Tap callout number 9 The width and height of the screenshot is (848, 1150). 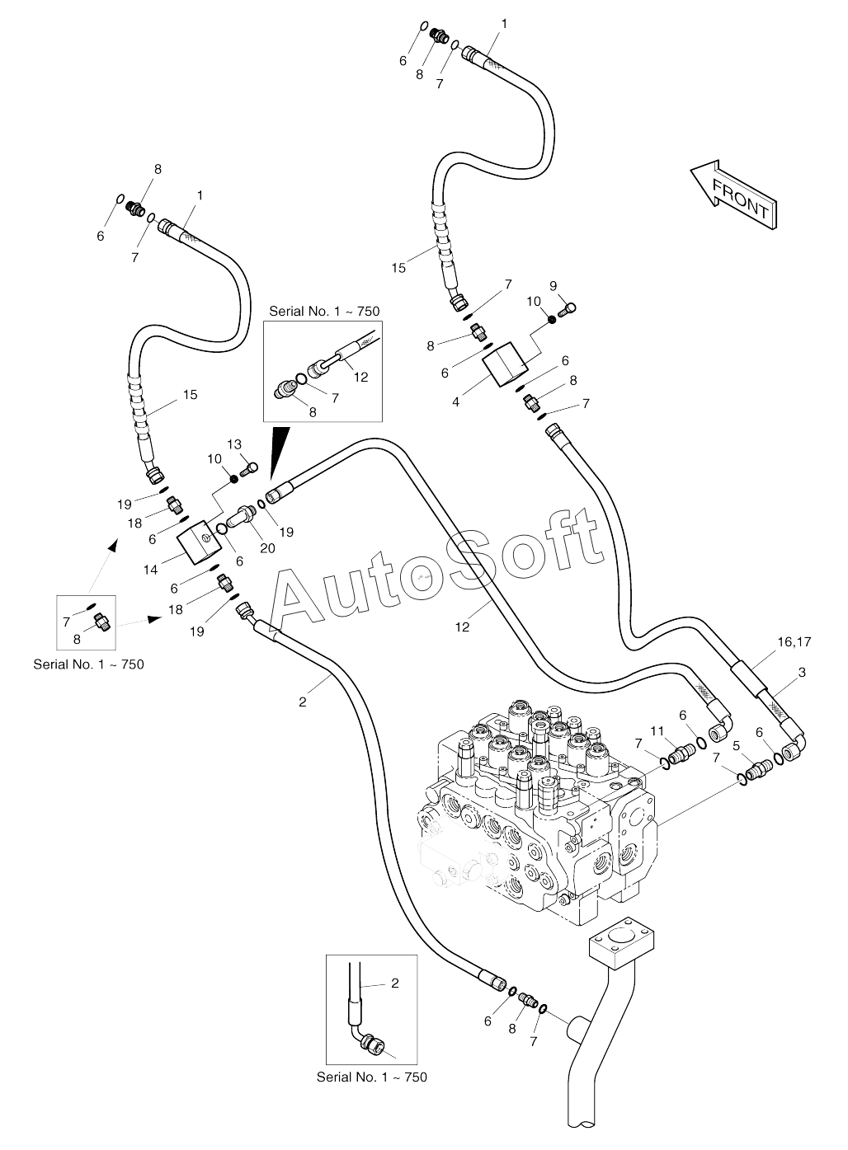[554, 286]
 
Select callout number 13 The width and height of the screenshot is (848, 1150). [234, 444]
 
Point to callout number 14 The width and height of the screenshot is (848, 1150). [150, 570]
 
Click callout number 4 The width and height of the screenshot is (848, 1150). [455, 402]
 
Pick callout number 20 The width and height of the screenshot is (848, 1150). [267, 548]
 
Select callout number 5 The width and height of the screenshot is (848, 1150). [736, 746]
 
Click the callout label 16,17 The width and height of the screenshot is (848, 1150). [794, 641]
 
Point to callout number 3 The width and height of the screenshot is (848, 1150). [803, 672]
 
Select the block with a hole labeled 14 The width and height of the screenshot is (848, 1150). [200, 542]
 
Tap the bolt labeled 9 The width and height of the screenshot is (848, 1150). [567, 310]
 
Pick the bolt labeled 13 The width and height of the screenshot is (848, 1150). [248, 468]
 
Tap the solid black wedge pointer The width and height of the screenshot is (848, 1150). [279, 456]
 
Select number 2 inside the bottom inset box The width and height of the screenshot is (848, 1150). [394, 983]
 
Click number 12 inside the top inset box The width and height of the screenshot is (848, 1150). [361, 377]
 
